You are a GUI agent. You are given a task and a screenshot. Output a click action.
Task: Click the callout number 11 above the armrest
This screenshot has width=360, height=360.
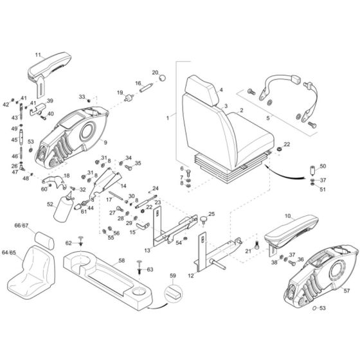[x=38, y=55]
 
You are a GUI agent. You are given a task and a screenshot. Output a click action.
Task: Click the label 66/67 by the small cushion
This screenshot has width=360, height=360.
[x=22, y=226]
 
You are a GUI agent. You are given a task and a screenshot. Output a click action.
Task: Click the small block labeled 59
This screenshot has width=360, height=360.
[x=171, y=294]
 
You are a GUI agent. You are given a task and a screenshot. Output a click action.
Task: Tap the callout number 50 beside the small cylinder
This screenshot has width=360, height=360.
[x=323, y=166]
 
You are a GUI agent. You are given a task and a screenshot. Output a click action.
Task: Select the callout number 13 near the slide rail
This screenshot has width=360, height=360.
[x=148, y=250]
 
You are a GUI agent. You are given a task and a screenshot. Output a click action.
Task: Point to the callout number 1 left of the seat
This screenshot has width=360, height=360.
[x=168, y=118]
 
